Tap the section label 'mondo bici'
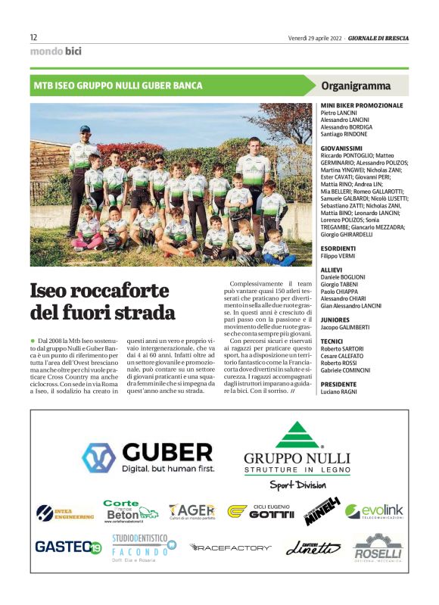click(55, 51)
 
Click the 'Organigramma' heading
click(356, 86)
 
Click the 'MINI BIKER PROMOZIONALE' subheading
click(362, 104)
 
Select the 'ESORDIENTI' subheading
click(338, 248)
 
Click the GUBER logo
click(148, 457)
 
